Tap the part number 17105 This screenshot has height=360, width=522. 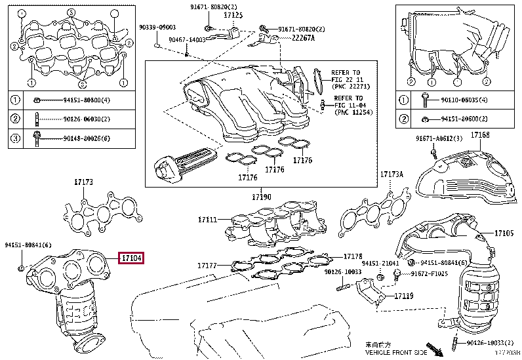pyautogui.click(x=504, y=233)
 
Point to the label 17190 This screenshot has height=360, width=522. pyautogui.click(x=261, y=197)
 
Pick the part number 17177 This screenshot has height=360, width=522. pyautogui.click(x=207, y=266)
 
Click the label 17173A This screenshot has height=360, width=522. pyautogui.click(x=392, y=174)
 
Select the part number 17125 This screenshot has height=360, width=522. pyautogui.click(x=233, y=14)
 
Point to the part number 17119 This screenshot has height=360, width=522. pyautogui.click(x=404, y=296)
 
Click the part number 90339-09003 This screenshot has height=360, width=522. pyautogui.click(x=157, y=28)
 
